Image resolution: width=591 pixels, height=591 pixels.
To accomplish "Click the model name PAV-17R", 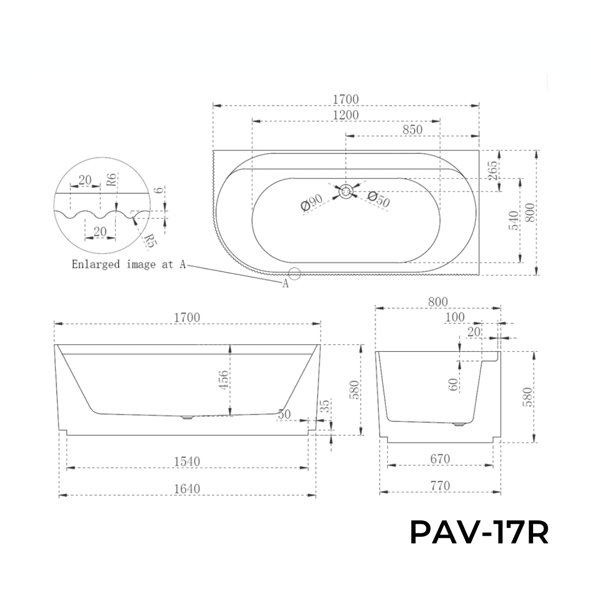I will (x=479, y=533).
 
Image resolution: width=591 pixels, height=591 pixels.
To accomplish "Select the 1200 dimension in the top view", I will (x=345, y=114).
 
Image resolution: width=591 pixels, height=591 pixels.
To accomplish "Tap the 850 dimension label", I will (x=412, y=130).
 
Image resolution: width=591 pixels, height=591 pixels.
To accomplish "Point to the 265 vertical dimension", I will (x=493, y=171).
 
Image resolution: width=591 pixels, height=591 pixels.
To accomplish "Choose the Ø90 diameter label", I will (x=311, y=204).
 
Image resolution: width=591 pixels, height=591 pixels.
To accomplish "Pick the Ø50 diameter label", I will (x=379, y=199).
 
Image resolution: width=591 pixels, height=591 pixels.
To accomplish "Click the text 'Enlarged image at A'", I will (x=129, y=264).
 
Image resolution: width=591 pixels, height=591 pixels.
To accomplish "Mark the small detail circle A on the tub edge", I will (x=295, y=273).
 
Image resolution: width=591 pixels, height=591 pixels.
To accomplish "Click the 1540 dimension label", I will (x=187, y=461).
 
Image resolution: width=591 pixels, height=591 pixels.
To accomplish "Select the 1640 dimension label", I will (x=187, y=488).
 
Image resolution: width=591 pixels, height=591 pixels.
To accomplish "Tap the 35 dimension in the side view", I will (x=325, y=407).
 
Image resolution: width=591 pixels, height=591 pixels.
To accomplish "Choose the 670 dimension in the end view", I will (x=439, y=459).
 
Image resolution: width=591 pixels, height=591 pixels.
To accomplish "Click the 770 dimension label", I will (x=439, y=485).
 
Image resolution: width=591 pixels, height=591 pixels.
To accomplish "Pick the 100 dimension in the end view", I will (x=455, y=317).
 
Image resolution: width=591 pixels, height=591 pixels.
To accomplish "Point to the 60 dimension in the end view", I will (x=453, y=384).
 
